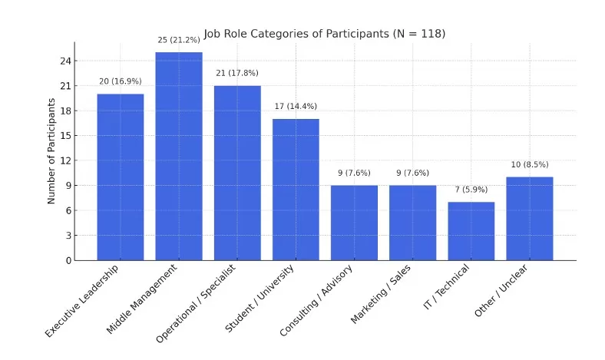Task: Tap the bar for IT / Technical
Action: click(x=471, y=231)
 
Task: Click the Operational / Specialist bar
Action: click(x=237, y=173)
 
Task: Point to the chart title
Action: click(x=324, y=34)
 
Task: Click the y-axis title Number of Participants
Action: click(x=52, y=150)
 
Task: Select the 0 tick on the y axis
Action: click(x=68, y=260)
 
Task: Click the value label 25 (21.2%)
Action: click(x=179, y=40)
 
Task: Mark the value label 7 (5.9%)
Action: click(x=471, y=190)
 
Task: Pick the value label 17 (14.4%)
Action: click(x=296, y=106)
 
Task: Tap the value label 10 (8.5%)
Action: click(x=529, y=164)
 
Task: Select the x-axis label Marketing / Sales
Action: click(x=381, y=295)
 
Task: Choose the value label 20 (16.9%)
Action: click(x=121, y=81)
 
